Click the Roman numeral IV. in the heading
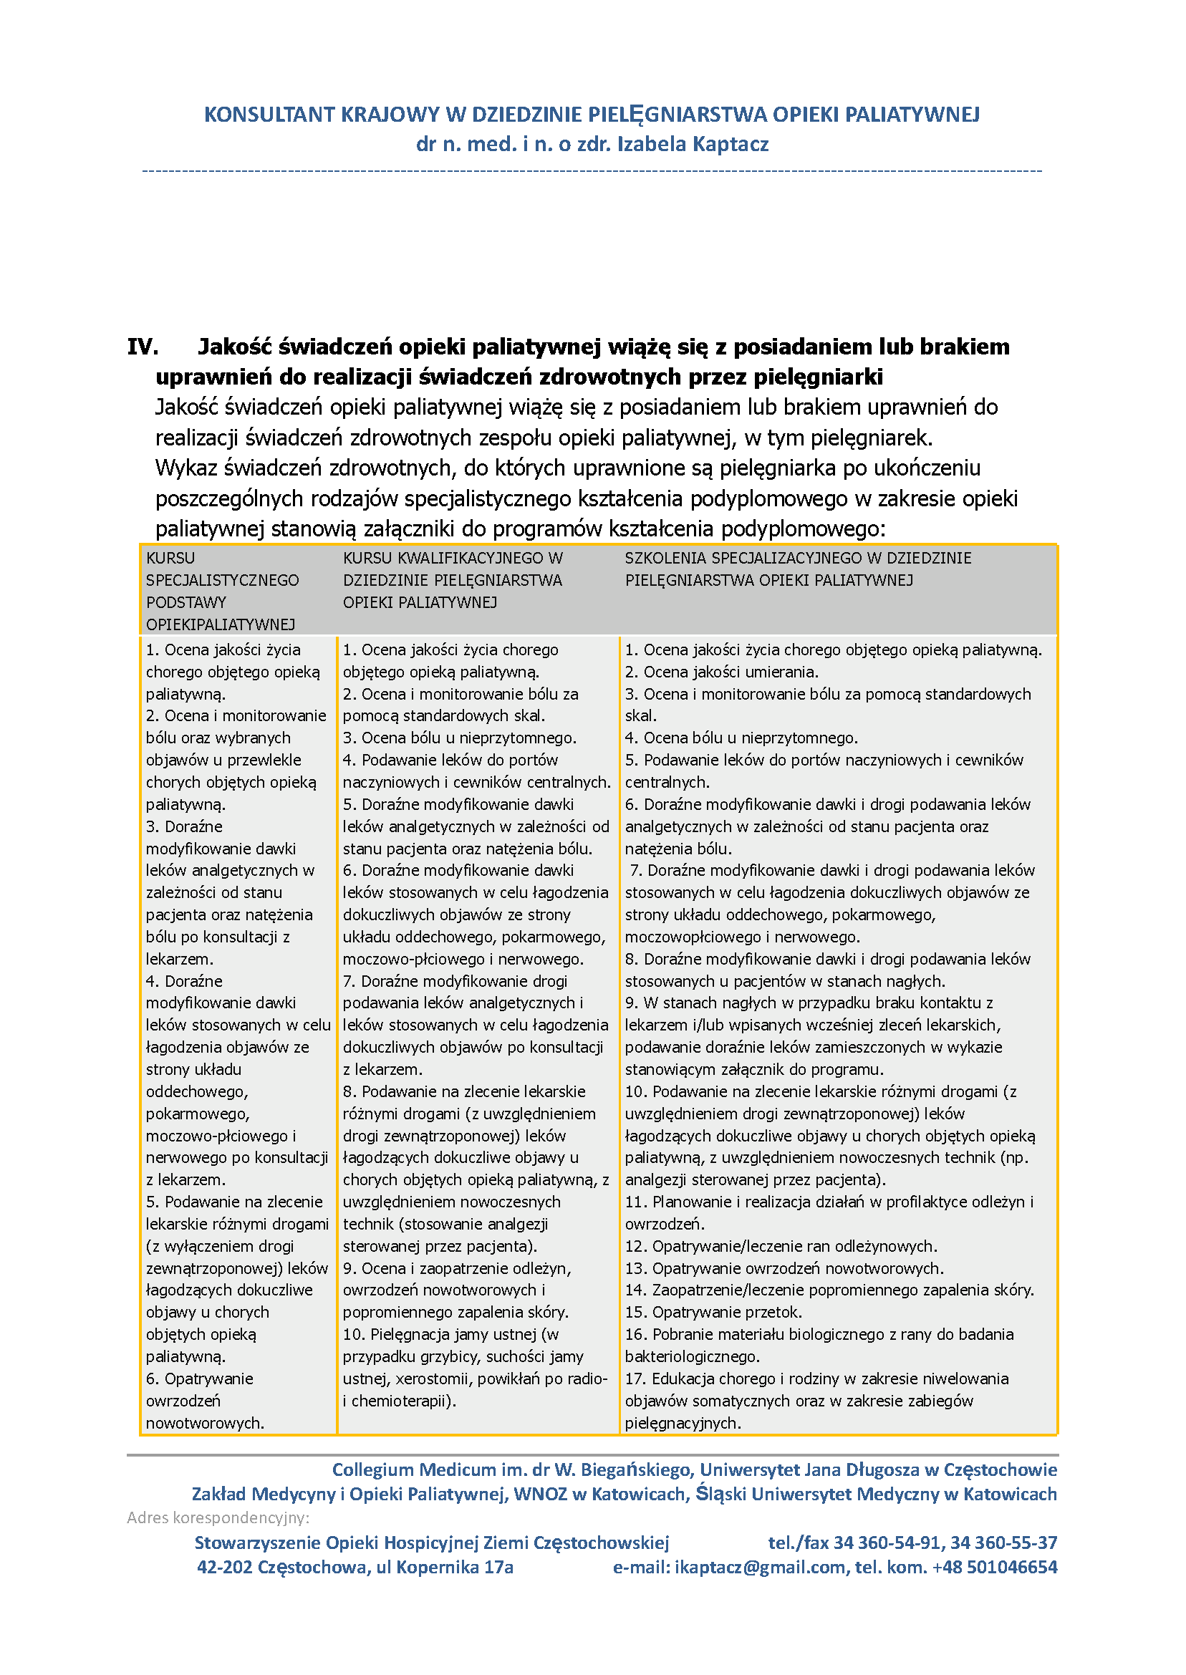pyautogui.click(x=143, y=347)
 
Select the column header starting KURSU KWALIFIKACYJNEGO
pyautogui.click(x=453, y=581)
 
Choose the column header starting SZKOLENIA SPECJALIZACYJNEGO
pyautogui.click(x=798, y=569)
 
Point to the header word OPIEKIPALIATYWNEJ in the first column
pyautogui.click(x=221, y=625)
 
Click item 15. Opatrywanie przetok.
pyautogui.click(x=713, y=1312)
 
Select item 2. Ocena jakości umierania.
pyautogui.click(x=720, y=672)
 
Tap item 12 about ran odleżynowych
pyautogui.click(x=781, y=1246)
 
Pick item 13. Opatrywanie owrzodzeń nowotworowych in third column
pyautogui.click(x=784, y=1268)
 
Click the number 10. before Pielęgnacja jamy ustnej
pyautogui.click(x=354, y=1335)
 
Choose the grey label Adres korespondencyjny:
pyautogui.click(x=218, y=1518)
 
